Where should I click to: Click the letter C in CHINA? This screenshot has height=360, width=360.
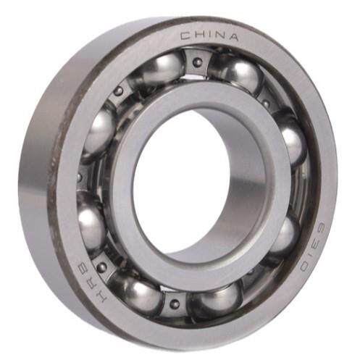coord(185,36)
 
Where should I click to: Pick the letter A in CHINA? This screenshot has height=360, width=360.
coord(232,38)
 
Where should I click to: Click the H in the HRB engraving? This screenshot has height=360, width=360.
coord(101,296)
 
